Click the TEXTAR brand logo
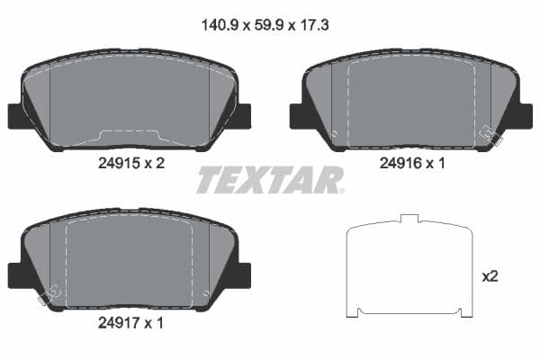[270, 180]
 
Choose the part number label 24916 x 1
[411, 164]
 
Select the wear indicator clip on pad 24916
[491, 134]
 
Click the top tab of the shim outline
[409, 219]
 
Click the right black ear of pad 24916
[523, 116]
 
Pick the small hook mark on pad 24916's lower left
[334, 134]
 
